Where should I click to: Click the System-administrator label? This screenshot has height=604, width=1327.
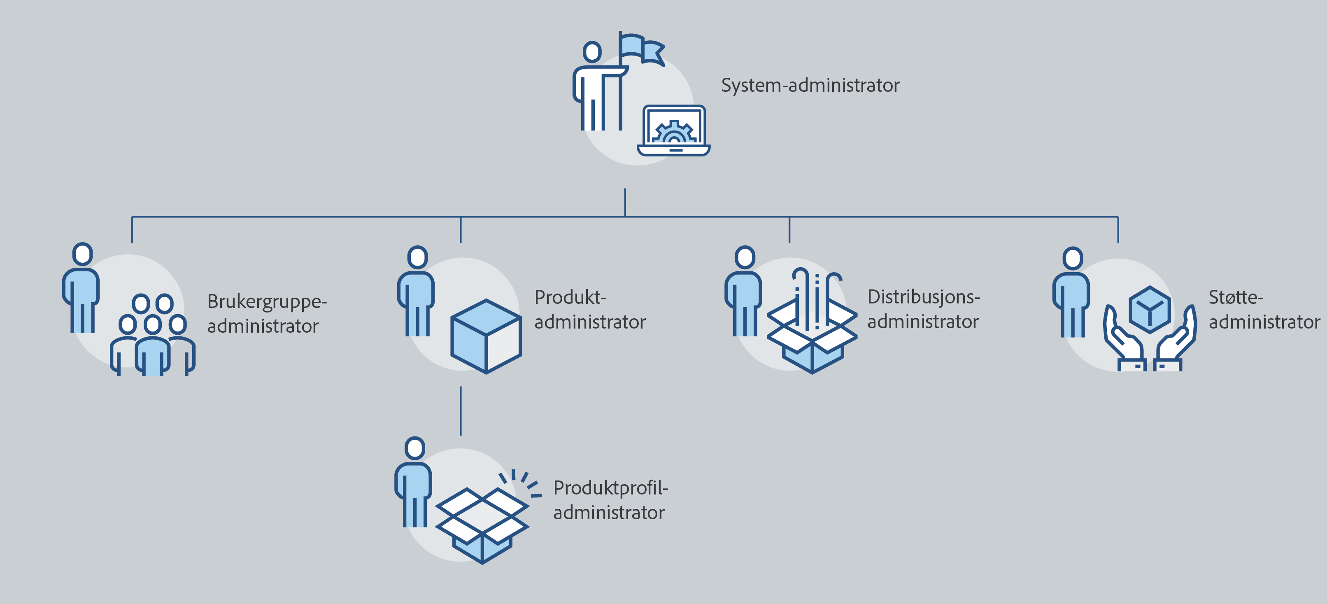point(810,85)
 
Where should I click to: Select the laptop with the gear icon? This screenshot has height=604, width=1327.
point(674,131)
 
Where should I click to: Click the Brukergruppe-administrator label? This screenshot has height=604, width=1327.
point(266,313)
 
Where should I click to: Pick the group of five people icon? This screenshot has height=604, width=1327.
point(152,335)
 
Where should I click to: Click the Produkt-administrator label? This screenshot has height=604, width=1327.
point(589,309)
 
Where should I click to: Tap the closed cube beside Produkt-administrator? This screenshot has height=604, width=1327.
point(486,336)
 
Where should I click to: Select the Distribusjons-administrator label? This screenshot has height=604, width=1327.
point(923,309)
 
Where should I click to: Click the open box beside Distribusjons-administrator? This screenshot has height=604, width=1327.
point(812,335)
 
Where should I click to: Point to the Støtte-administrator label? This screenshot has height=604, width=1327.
point(1264,309)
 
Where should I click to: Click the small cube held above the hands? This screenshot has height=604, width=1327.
point(1149,309)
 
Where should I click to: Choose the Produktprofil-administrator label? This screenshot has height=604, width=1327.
point(610,500)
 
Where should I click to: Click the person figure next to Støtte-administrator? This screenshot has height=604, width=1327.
point(1071,294)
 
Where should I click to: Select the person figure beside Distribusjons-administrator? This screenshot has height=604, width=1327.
point(743,293)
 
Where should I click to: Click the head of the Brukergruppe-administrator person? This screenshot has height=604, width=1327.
point(82,254)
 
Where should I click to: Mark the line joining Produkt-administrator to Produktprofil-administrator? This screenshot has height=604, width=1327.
point(461,411)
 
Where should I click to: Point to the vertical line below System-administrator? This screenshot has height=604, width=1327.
point(625,202)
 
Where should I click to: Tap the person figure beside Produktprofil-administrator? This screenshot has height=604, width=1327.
point(414,483)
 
